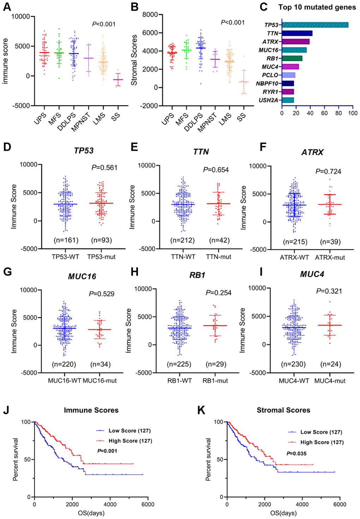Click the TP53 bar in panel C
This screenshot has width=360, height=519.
(315, 25)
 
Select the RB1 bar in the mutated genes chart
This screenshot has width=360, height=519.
(292, 58)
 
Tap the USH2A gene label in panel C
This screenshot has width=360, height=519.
(268, 100)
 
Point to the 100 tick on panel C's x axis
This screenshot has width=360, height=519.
(353, 113)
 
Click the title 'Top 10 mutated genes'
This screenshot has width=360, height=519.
(317, 7)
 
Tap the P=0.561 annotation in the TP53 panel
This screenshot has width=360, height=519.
(104, 168)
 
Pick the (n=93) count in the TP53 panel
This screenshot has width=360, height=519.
(101, 240)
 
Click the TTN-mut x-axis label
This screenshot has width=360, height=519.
(218, 257)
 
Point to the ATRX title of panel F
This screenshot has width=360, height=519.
(312, 152)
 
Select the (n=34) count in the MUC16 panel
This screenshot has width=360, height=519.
(100, 364)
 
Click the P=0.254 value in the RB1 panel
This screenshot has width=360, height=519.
(218, 293)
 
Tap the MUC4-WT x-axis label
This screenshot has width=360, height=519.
(294, 381)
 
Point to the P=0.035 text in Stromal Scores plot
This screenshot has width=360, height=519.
(296, 453)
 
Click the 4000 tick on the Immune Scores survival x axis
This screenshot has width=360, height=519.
(110, 504)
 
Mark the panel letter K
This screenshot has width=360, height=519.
(201, 410)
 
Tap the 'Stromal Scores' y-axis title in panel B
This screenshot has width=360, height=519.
(134, 60)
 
